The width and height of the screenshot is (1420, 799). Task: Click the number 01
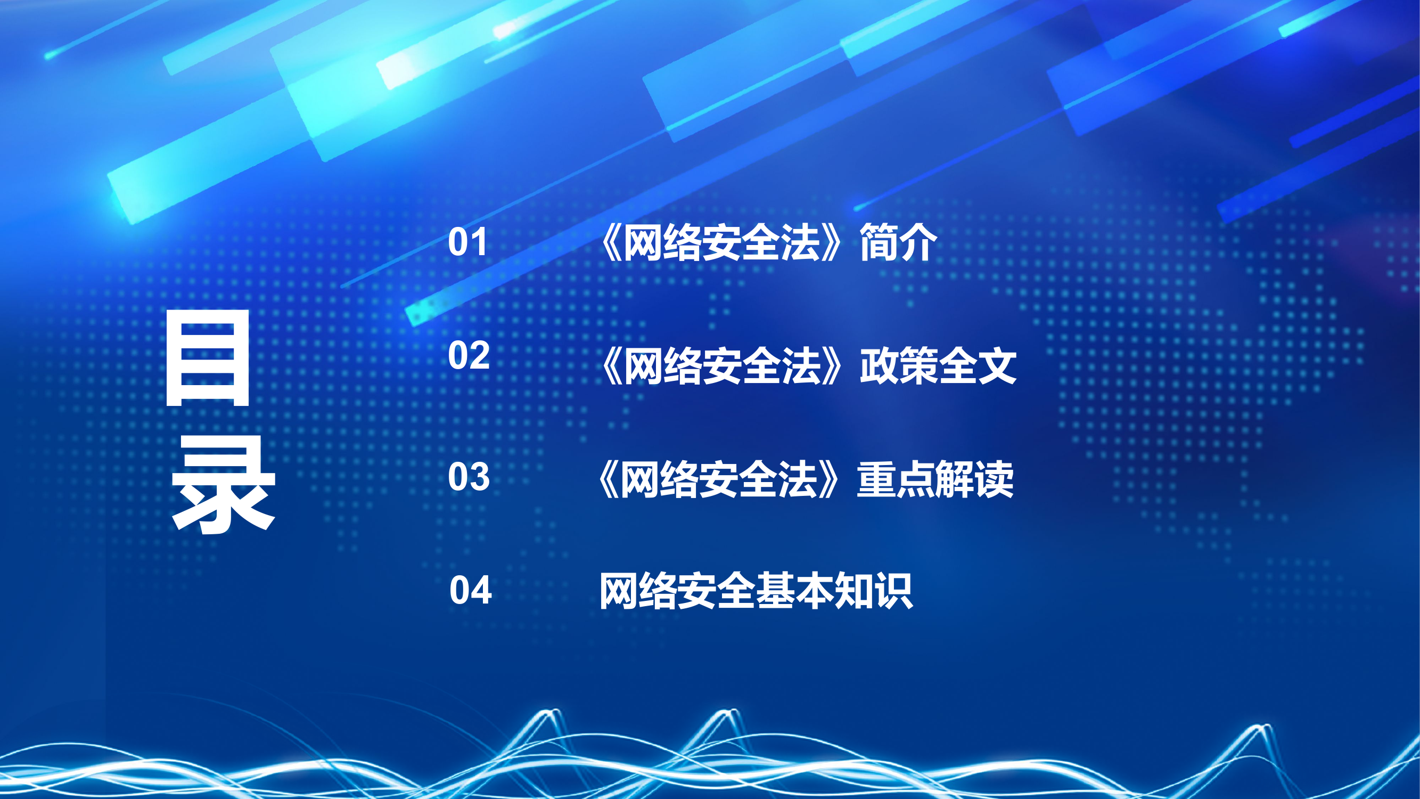point(467,242)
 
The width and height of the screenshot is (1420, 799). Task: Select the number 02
point(469,355)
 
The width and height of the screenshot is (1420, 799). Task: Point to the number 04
point(470,591)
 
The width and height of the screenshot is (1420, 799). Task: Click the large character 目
point(208,358)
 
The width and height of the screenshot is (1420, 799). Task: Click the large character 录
point(223,485)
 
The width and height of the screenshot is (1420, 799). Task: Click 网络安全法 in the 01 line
point(722,242)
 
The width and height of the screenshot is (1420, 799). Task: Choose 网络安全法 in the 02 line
point(722,366)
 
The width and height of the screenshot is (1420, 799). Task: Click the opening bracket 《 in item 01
point(611,242)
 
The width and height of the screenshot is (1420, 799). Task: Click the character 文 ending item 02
point(997,366)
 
